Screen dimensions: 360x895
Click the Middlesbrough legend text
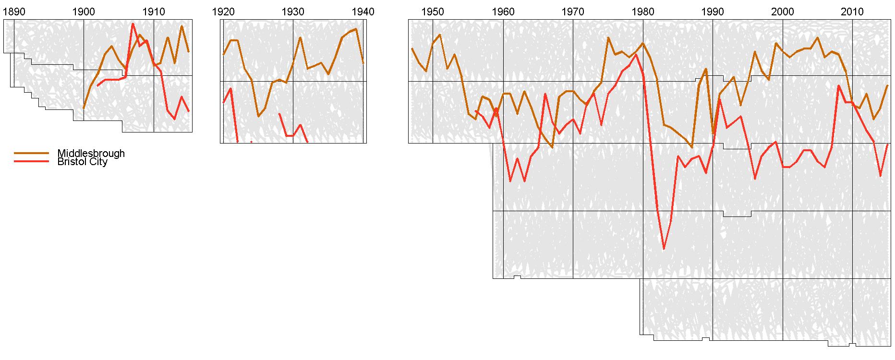pos(91,153)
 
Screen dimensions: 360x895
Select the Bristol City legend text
pos(82,162)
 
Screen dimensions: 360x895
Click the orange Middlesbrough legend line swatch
pos(32,153)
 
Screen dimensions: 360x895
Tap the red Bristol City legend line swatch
pos(32,162)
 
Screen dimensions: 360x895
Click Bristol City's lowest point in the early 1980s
pos(664,249)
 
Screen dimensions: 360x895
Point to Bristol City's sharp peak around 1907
pos(133,24)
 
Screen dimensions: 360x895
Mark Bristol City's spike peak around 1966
pos(545,94)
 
